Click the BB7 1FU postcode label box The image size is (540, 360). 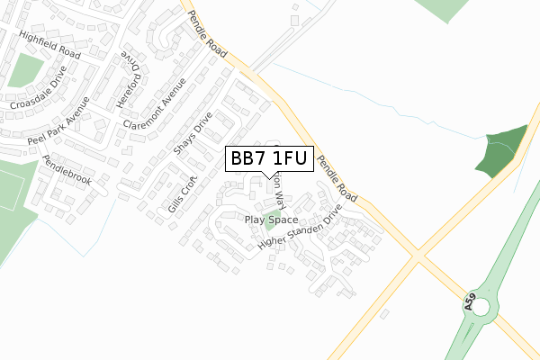(x=269, y=159)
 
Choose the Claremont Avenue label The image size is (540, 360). (x=155, y=103)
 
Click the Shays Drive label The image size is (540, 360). (x=192, y=133)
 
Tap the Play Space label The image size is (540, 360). (x=271, y=220)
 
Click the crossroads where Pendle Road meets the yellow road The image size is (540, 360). (x=417, y=256)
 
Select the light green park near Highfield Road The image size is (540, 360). (x=21, y=70)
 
